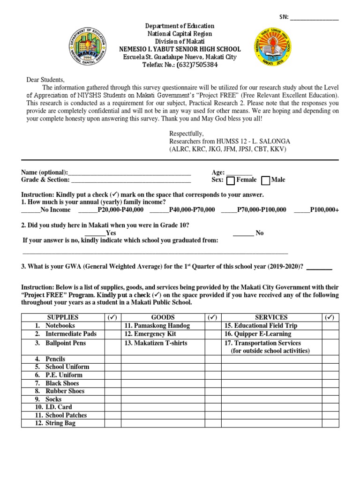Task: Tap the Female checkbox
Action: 231,180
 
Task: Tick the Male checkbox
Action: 266,180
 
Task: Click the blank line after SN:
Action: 314,19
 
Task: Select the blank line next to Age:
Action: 240,173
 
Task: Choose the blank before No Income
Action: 31,210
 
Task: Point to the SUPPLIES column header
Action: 63,317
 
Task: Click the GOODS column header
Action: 163,317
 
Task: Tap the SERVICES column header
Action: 271,317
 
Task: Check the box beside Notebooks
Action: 112,326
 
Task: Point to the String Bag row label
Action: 60,423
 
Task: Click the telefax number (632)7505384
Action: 180,65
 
